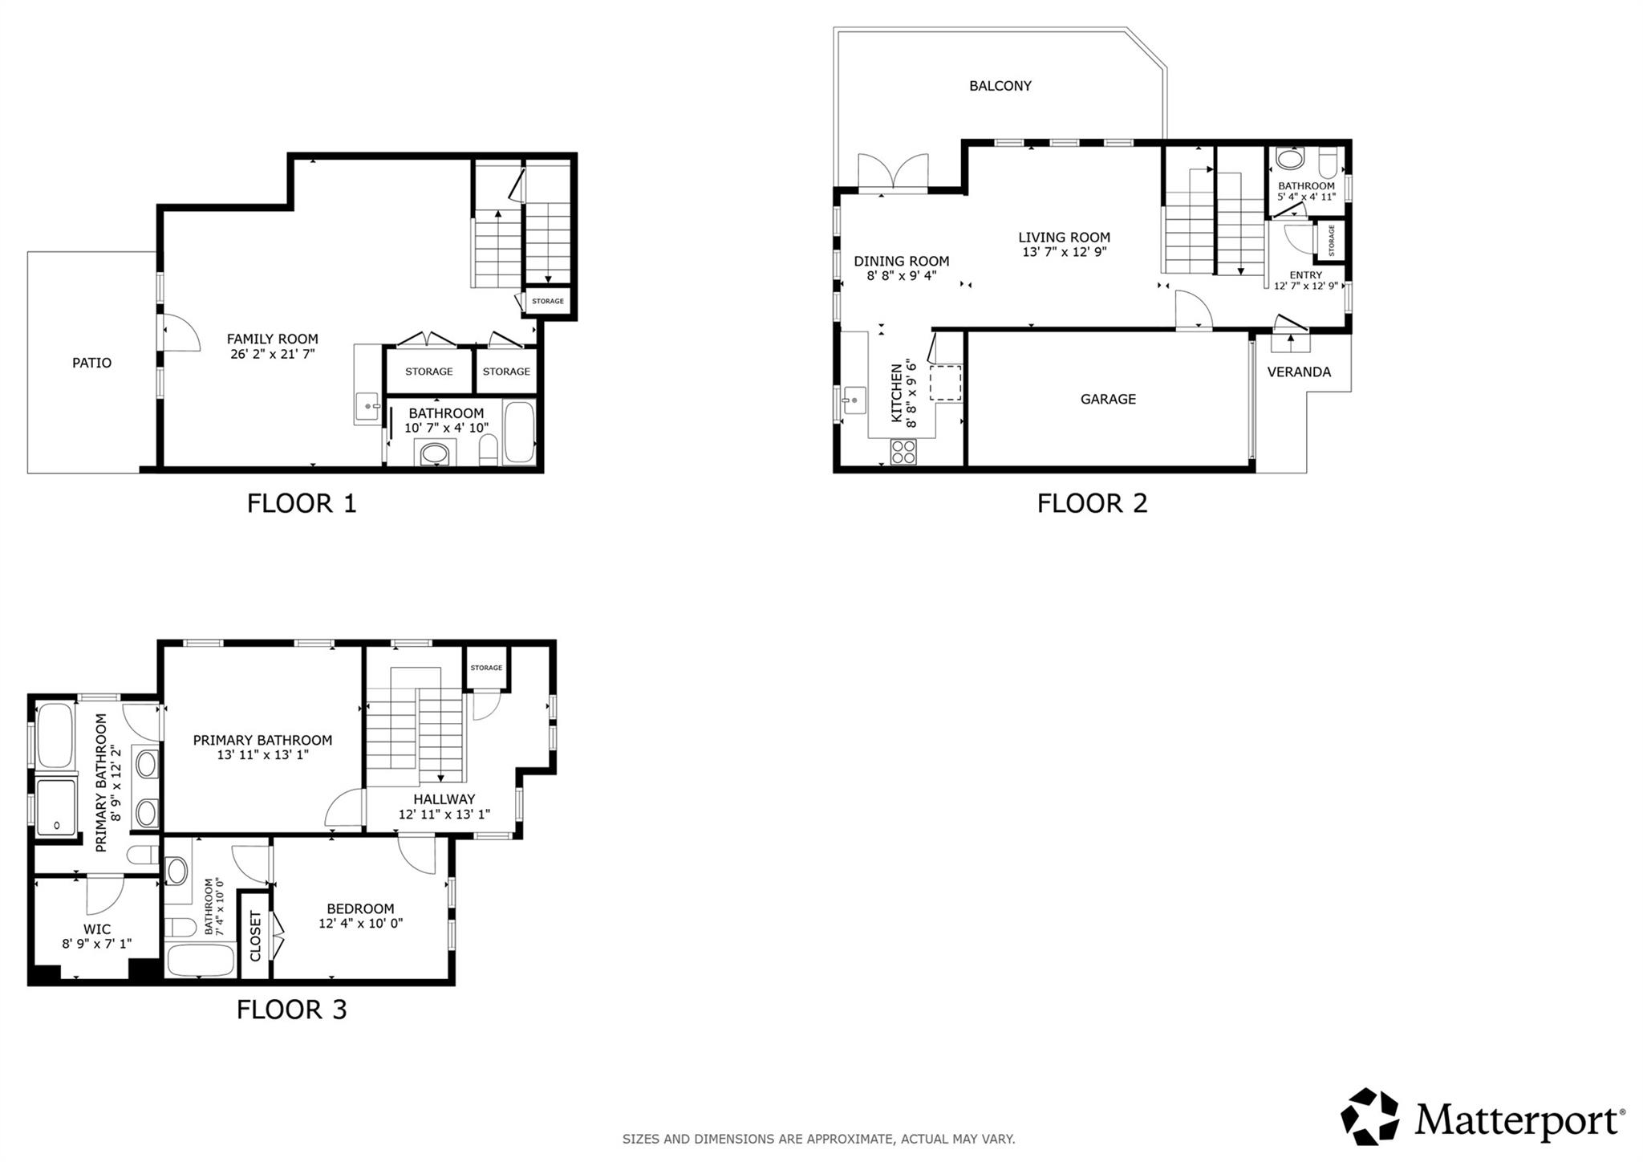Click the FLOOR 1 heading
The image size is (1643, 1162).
click(x=302, y=503)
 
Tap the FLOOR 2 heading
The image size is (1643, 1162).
click(x=1092, y=503)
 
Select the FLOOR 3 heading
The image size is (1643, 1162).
click(x=291, y=1010)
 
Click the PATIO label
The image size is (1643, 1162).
click(x=92, y=363)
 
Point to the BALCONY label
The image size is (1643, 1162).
click(x=1000, y=86)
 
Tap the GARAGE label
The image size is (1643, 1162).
click(x=1108, y=399)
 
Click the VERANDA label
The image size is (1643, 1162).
click(x=1299, y=372)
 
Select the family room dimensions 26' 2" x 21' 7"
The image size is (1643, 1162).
click(x=273, y=353)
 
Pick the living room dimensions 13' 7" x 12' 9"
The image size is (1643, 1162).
click(x=1065, y=252)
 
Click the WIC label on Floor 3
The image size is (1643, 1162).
click(x=97, y=929)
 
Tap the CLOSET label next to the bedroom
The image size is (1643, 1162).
click(x=256, y=936)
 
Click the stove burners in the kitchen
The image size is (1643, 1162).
click(x=903, y=453)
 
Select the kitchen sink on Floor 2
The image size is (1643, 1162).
click(x=854, y=399)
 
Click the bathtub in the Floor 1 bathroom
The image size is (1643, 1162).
click(x=519, y=433)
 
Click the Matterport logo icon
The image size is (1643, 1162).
click(x=1370, y=1116)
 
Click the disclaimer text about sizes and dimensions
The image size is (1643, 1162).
click(x=819, y=1139)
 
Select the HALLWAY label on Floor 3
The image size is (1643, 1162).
click(x=444, y=799)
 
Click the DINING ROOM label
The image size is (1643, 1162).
click(x=902, y=262)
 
